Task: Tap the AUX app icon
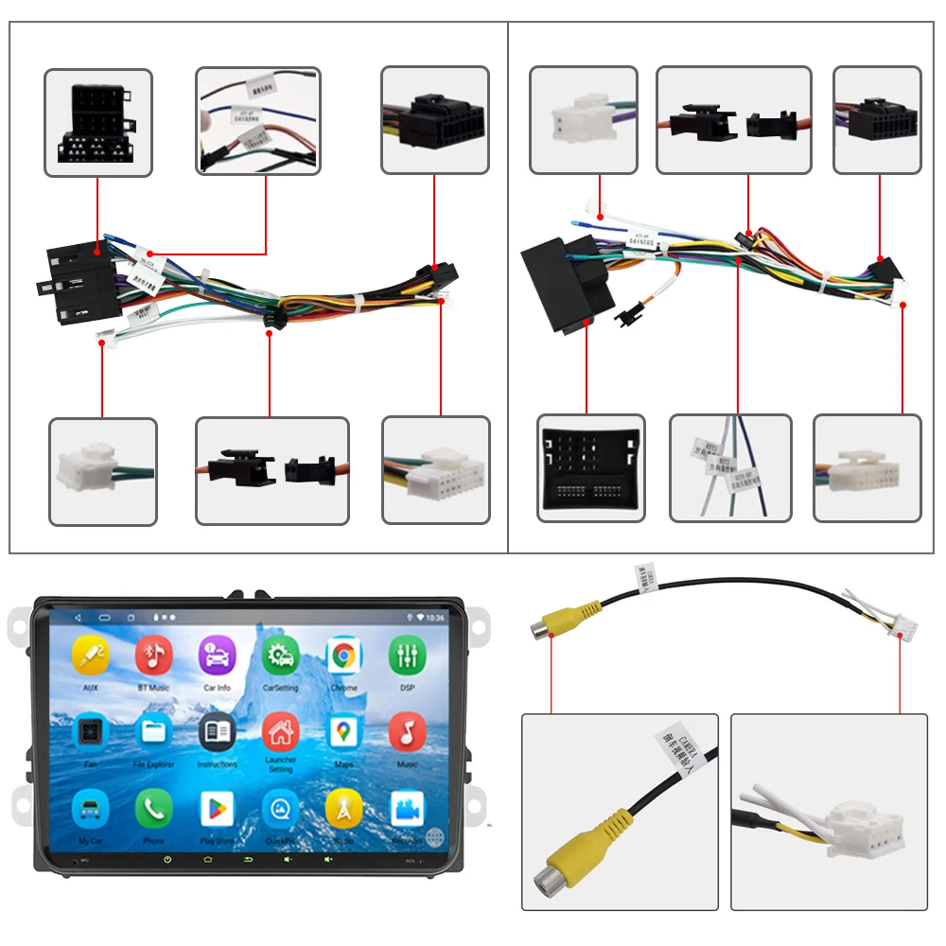tap(91, 655)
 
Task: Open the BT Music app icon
tap(153, 655)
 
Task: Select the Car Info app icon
tap(217, 655)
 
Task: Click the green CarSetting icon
tap(280, 655)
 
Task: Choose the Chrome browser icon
tap(343, 655)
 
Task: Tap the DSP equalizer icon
tap(407, 655)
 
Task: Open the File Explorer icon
tap(153, 731)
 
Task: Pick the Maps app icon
tap(343, 731)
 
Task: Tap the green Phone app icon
tap(153, 809)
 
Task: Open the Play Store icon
tap(217, 809)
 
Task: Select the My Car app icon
tap(91, 809)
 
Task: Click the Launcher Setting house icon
tap(280, 731)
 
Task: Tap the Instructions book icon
tap(217, 731)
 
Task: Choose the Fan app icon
tap(91, 731)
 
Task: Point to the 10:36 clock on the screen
tap(435, 617)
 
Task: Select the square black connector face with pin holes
tap(590, 468)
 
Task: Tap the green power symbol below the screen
tap(167, 860)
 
